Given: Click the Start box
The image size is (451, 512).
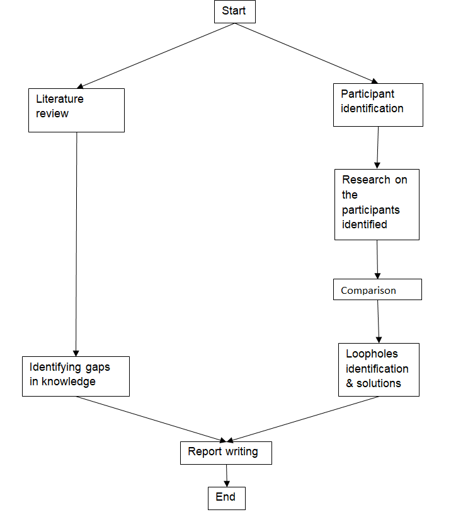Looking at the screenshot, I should point(234,12).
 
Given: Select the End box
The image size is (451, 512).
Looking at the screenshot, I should point(226,497).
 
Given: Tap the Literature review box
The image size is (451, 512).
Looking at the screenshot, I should point(76,110).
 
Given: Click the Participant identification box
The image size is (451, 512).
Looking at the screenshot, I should point(377,105).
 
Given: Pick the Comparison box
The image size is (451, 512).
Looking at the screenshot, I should point(377,290).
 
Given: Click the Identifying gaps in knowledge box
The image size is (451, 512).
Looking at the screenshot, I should point(76,376).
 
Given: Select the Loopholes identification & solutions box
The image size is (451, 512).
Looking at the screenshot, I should point(379,369).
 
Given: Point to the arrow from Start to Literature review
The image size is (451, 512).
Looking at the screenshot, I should point(156,55).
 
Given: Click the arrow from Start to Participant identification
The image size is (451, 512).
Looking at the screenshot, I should point(307,54).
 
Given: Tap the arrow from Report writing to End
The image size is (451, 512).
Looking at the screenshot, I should point(226,475).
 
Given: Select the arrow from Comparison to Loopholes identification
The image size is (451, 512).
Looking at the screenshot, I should point(379,321).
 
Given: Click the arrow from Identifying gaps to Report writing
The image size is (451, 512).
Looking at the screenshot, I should point(151,419).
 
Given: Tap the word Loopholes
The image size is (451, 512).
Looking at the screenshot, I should point(372,354).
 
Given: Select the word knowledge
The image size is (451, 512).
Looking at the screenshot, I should point(69,381).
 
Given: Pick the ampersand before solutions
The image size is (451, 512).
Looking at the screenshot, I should point(350,383).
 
